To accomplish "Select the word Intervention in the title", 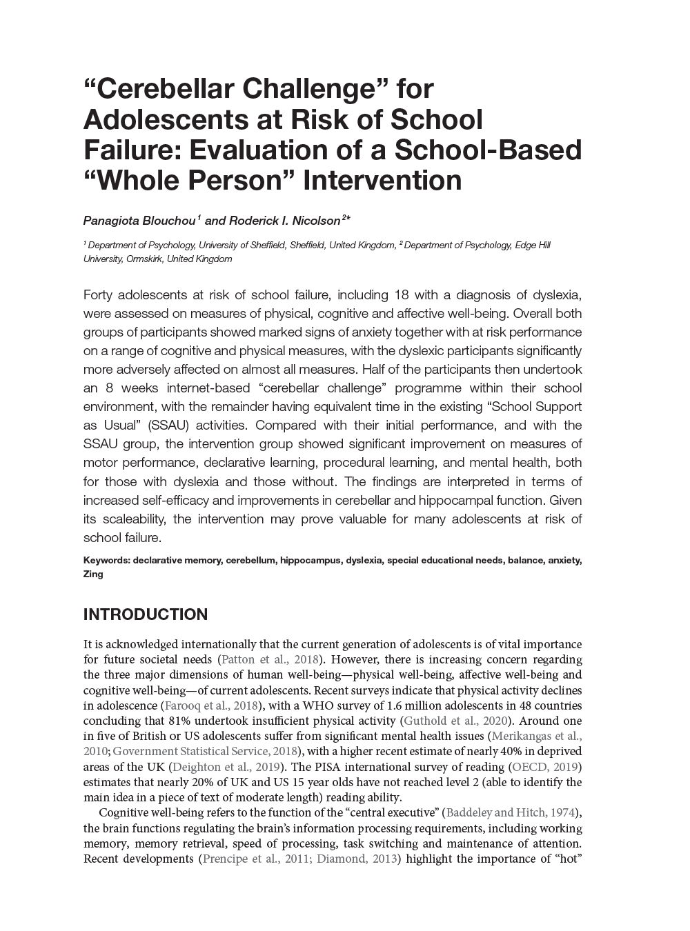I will coord(383,181).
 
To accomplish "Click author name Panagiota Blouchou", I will coord(140,221).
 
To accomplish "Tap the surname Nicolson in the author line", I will coord(316,221).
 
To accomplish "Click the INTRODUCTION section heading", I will coord(145,614).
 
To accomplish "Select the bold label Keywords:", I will coord(106,561).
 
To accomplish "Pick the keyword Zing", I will coord(93,574).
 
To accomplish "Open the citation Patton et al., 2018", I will coord(270,660).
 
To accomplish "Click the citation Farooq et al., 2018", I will coord(210,705).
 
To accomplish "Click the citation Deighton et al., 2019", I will coord(226,767).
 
